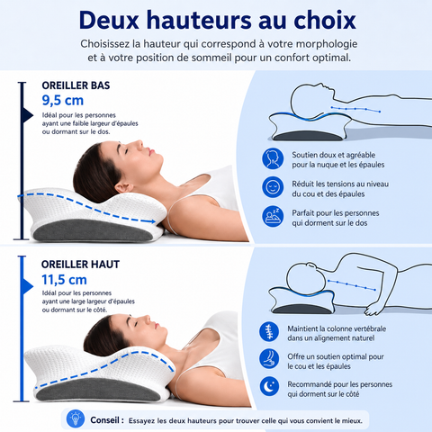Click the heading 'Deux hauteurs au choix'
click(218, 20)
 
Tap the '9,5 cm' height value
click(63, 101)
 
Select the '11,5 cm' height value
click(64, 280)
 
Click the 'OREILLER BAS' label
click(76, 85)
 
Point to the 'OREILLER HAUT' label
click(80, 265)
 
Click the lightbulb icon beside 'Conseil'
click(76, 418)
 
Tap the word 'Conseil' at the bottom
click(104, 420)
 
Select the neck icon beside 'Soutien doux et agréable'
click(273, 158)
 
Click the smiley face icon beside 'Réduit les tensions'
click(273, 187)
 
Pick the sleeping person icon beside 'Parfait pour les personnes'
click(273, 216)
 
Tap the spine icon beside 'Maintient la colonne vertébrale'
click(269, 331)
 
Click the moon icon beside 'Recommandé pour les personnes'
click(269, 386)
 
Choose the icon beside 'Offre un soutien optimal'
click(269, 358)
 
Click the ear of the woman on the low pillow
click(124, 187)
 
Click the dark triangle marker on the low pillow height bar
click(27, 115)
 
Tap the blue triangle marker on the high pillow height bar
click(27, 286)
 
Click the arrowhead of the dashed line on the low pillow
click(153, 221)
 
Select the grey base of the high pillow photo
click(98, 390)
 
